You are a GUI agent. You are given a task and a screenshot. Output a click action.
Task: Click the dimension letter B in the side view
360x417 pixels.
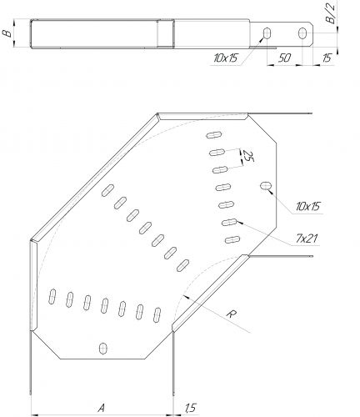coord(7,33)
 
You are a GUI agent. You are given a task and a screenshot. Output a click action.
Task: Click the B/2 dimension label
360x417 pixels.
coord(331,14)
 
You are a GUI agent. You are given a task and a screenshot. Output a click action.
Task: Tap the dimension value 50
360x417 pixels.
coord(284,58)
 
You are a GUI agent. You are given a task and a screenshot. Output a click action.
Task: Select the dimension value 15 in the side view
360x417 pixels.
coord(327,58)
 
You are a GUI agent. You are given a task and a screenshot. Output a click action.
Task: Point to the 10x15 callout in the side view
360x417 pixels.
coord(226,58)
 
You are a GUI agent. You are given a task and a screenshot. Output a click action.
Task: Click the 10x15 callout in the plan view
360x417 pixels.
coord(307,206)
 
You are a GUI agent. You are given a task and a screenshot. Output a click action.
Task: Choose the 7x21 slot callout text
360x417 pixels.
coord(306,239)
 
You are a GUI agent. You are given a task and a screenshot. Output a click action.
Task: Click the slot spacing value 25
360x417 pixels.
coord(247,157)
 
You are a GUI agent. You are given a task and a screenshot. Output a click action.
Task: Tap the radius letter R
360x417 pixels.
coord(231,314)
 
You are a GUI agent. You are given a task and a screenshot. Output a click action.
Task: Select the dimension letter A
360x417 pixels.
coord(102,408)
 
